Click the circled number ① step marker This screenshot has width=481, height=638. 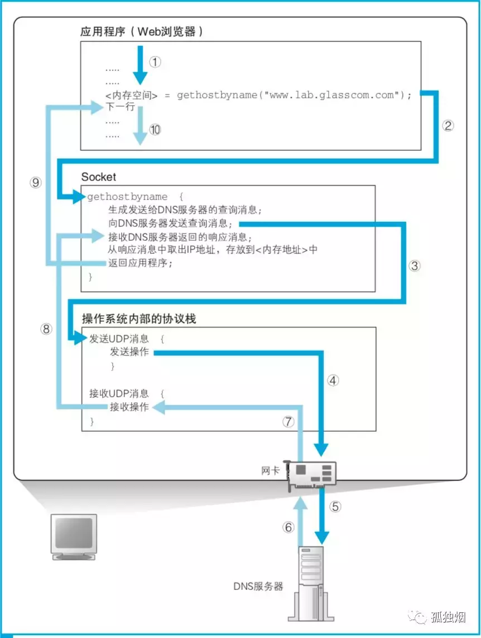point(155,62)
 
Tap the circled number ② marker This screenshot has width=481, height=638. point(448,125)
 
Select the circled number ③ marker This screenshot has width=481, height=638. point(415,266)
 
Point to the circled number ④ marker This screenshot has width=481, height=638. point(333,380)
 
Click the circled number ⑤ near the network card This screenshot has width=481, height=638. point(335,507)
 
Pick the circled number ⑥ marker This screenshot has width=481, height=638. point(288,527)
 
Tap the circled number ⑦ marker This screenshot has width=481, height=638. point(288,422)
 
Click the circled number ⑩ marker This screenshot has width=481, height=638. point(155,130)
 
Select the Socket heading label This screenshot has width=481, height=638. point(99,177)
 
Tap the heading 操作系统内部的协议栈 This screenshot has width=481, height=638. point(139,319)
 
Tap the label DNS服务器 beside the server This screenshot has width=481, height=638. point(258,587)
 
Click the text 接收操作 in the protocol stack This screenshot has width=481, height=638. point(129,407)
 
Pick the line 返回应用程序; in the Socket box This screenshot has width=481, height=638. point(141,263)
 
